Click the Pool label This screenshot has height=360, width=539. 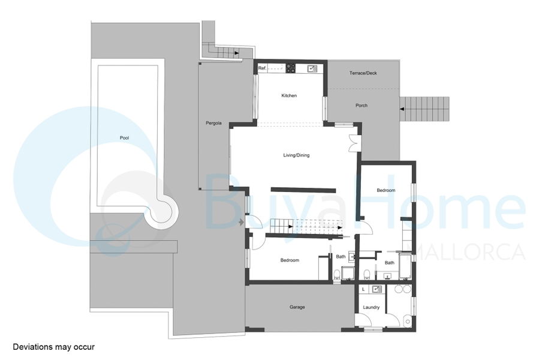[124, 137]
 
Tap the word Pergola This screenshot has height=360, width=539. [213, 123]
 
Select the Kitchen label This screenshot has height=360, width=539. [289, 95]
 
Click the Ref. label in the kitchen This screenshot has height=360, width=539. [262, 68]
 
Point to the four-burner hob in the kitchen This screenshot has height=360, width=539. [291, 68]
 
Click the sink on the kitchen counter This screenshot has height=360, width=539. [312, 68]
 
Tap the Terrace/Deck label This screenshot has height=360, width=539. [363, 73]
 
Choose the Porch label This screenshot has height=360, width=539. [362, 106]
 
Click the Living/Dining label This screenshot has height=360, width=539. [296, 155]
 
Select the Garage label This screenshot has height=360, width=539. [297, 307]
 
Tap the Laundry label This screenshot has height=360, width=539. [371, 307]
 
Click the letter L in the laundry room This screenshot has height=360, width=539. [363, 289]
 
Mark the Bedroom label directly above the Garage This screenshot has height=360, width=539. [290, 260]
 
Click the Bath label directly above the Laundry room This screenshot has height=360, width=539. [390, 263]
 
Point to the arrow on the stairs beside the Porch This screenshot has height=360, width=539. [402, 109]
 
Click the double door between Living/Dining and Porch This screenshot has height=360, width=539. [354, 143]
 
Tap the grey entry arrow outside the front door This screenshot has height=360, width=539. [241, 223]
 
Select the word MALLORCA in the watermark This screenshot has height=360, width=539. [466, 252]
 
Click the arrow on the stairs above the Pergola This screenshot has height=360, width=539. [237, 53]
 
